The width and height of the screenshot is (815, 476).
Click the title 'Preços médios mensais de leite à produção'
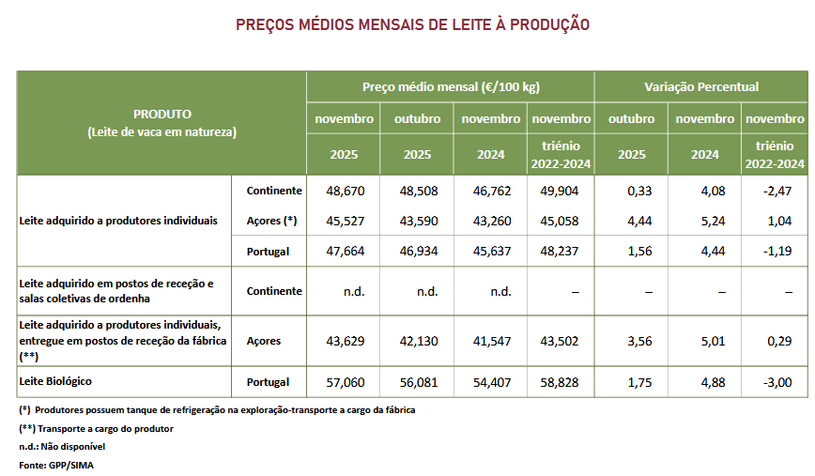pyautogui.click(x=412, y=24)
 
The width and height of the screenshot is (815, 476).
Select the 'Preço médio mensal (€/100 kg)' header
pyautogui.click(x=451, y=86)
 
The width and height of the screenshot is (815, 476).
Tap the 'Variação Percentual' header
pyautogui.click(x=701, y=86)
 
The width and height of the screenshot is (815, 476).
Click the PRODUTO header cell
pyautogui.click(x=161, y=123)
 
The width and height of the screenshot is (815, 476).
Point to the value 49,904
pyautogui.click(x=561, y=191)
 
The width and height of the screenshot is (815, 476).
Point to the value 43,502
pyautogui.click(x=561, y=340)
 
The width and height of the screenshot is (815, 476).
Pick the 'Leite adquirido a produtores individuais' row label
pyautogui.click(x=118, y=221)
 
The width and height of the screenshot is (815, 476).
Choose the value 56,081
pyautogui.click(x=418, y=382)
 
